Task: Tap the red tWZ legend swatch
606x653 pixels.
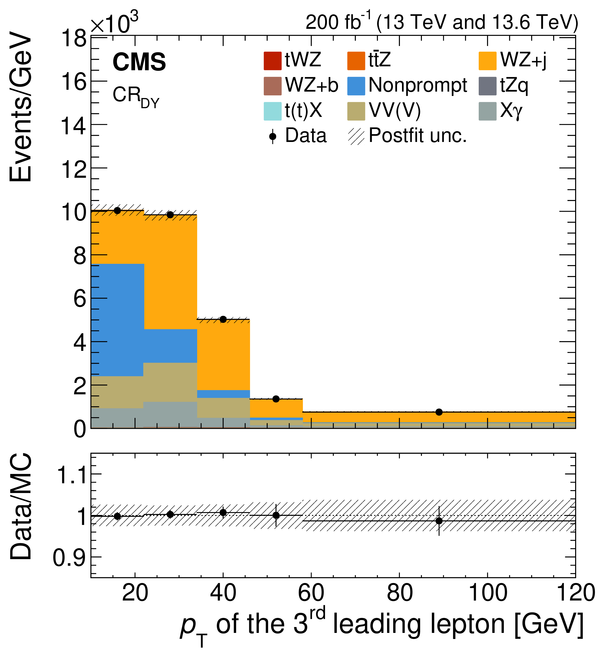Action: point(272,61)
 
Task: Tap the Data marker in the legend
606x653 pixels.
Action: point(272,136)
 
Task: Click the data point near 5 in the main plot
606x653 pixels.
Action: point(223,319)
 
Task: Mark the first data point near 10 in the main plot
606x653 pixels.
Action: point(117,211)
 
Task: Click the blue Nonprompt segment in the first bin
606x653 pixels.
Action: point(117,320)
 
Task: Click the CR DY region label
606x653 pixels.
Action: point(135,97)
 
